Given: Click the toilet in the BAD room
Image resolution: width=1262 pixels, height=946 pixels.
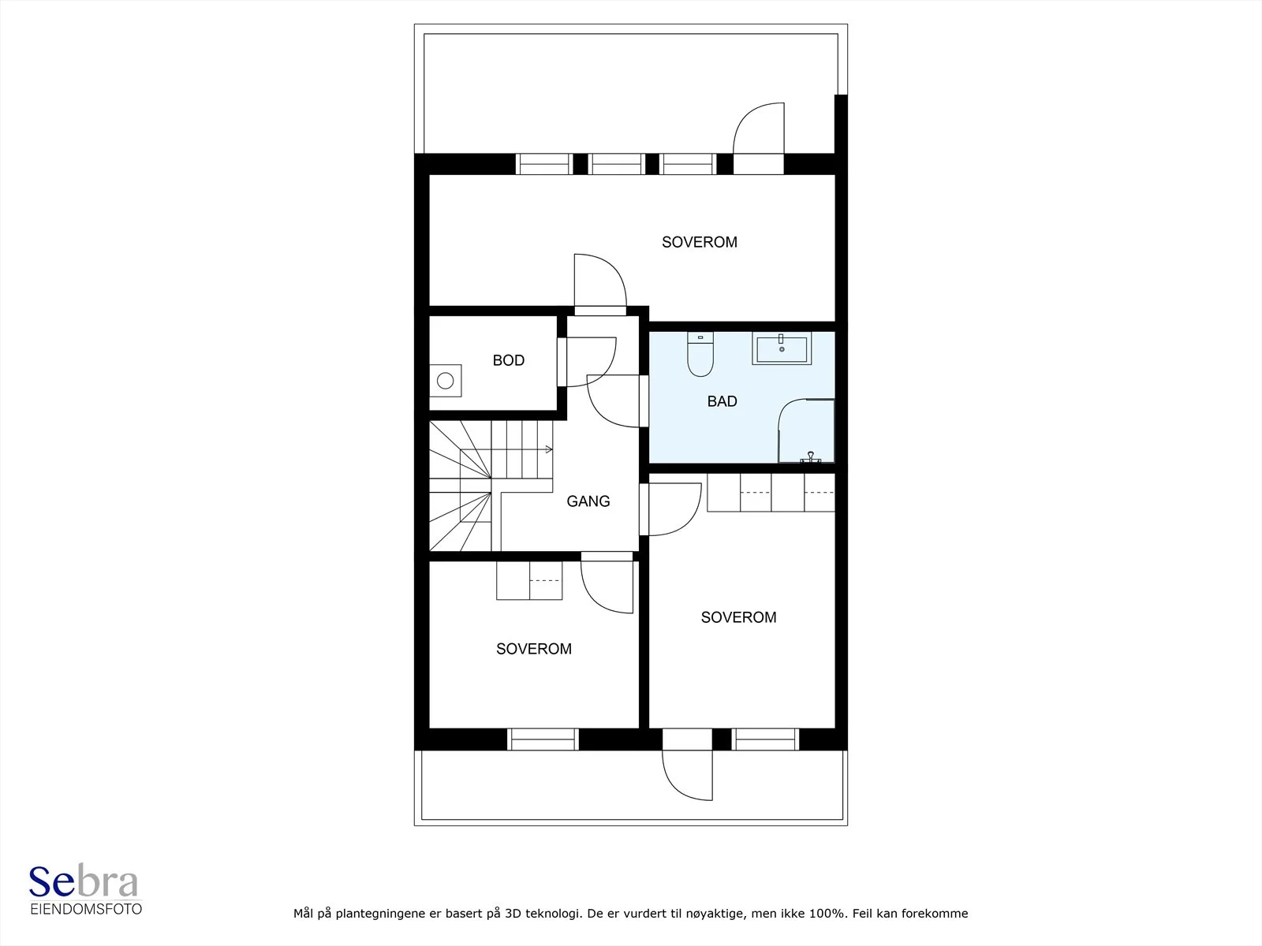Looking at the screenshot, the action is [700, 354].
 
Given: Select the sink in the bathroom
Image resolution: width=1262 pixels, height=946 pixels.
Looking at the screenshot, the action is [782, 349].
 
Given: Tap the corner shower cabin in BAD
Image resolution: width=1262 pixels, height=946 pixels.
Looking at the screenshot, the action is [806, 430].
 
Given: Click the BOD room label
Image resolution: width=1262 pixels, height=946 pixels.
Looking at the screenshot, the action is [508, 360].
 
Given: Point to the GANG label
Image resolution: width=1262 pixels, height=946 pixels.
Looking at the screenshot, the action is [588, 501].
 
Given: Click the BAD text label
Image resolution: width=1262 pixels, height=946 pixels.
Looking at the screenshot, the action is [722, 401].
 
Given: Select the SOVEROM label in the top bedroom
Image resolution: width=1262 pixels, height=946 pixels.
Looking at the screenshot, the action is [699, 242].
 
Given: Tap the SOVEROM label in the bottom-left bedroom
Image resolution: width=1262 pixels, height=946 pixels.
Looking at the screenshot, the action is [533, 649].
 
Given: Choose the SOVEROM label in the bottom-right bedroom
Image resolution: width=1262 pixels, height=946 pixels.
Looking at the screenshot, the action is [738, 617].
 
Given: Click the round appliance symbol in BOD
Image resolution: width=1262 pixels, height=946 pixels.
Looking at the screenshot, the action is [445, 380].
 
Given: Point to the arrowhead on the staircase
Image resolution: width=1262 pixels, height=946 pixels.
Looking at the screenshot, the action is [550, 449].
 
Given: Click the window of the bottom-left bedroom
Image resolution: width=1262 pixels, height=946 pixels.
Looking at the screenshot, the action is [543, 739].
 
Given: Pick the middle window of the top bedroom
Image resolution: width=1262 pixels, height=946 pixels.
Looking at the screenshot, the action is [616, 164].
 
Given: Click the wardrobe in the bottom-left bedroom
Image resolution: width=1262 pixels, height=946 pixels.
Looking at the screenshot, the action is [529, 581].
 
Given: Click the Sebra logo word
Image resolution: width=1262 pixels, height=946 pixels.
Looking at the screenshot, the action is [84, 881].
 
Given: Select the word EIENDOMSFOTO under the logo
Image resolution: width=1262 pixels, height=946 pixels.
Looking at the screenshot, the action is [86, 909].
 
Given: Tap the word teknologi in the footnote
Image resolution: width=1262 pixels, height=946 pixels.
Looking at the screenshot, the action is [553, 914].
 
